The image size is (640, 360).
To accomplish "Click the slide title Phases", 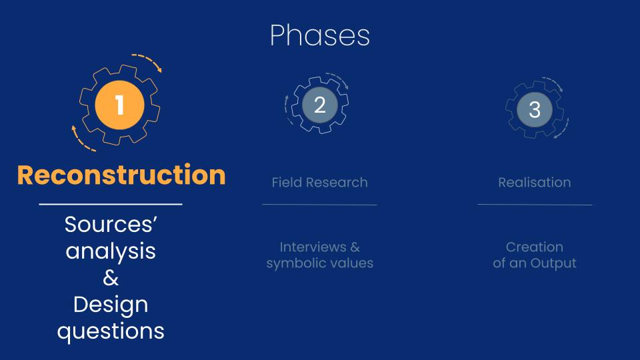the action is pyautogui.click(x=320, y=35).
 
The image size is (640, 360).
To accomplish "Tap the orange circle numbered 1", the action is pyautogui.click(x=119, y=105).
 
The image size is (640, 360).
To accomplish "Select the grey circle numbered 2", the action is pyautogui.click(x=320, y=105).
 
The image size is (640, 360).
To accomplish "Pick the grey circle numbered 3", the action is pyautogui.click(x=535, y=109).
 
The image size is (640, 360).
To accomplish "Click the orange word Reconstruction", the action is pyautogui.click(x=121, y=175).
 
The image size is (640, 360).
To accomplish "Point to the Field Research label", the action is pyautogui.click(x=320, y=182).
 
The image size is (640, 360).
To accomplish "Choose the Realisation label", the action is pyautogui.click(x=535, y=182).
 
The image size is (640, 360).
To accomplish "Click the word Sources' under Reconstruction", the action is pyautogui.click(x=111, y=224).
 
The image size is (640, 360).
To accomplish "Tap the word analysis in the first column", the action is pyautogui.click(x=111, y=251).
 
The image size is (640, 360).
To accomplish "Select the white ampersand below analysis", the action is pyautogui.click(x=111, y=278).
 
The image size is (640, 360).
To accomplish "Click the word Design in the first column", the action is pyautogui.click(x=111, y=305).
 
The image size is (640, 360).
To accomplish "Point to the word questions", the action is pyautogui.click(x=111, y=331).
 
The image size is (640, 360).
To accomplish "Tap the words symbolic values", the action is pyautogui.click(x=320, y=263).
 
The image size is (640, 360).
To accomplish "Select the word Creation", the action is pyautogui.click(x=535, y=247).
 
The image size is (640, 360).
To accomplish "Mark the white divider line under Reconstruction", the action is pyautogui.click(x=111, y=204).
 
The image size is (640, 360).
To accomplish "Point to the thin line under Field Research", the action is pyautogui.click(x=319, y=205).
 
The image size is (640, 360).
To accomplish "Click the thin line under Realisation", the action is pyautogui.click(x=535, y=205).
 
